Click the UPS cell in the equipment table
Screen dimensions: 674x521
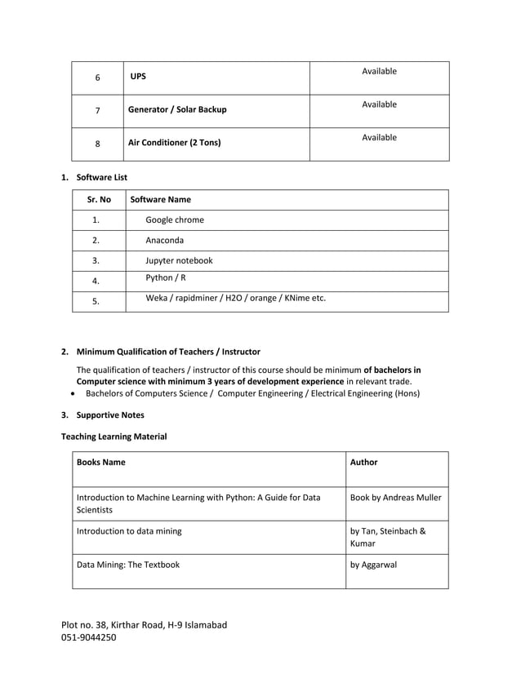click(x=139, y=78)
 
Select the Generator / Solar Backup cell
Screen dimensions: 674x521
click(x=177, y=109)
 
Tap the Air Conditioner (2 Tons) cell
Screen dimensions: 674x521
click(x=175, y=143)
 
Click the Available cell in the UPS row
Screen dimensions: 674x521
click(x=379, y=72)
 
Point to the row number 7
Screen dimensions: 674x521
click(x=97, y=110)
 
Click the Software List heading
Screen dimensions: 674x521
click(x=101, y=176)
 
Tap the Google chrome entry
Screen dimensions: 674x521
click(x=175, y=219)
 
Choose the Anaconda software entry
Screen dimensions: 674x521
click(x=164, y=241)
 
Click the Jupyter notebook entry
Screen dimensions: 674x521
click(x=179, y=261)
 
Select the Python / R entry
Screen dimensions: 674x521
click(x=166, y=278)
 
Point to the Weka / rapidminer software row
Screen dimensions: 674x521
click(x=235, y=298)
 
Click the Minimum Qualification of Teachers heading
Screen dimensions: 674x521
click(x=168, y=352)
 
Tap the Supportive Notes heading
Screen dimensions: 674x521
click(x=110, y=415)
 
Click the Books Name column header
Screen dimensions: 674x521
click(x=101, y=462)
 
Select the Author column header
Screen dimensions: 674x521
click(x=363, y=462)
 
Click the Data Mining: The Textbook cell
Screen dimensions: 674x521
click(x=127, y=564)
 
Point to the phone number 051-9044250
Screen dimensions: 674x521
click(x=89, y=638)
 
